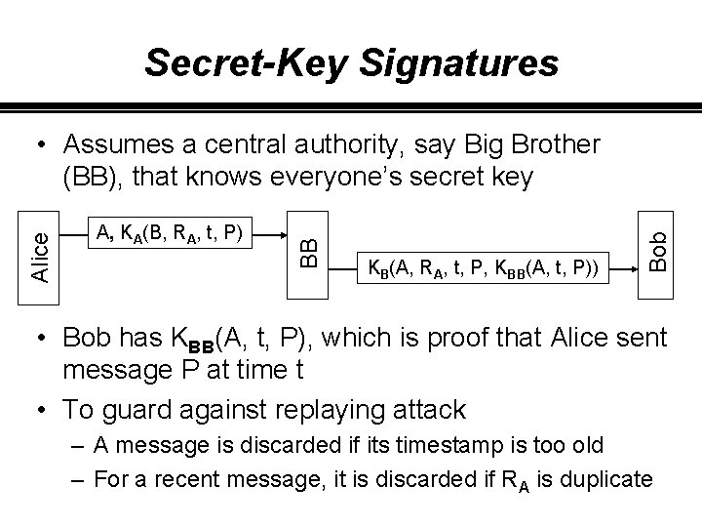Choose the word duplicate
click(x=604, y=478)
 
